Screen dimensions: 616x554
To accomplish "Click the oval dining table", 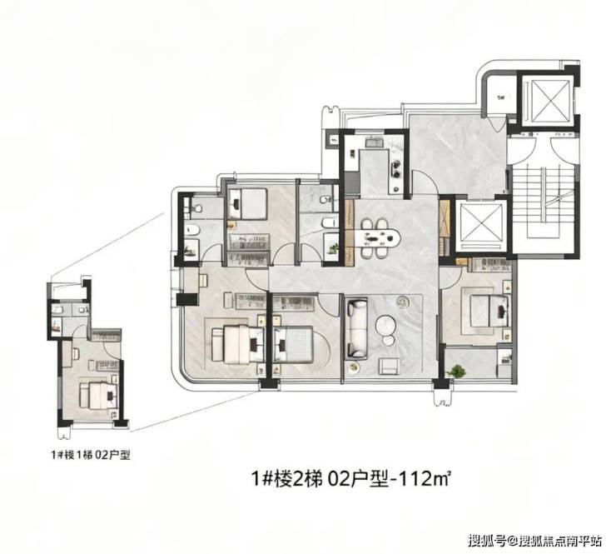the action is pyautogui.click(x=377, y=238).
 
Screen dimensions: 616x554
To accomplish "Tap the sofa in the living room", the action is pyautogui.click(x=357, y=328).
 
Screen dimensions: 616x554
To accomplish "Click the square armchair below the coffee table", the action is pyautogui.click(x=389, y=366).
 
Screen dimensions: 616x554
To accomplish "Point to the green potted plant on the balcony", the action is pyautogui.click(x=457, y=372).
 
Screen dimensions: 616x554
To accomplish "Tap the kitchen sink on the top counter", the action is pyautogui.click(x=375, y=142).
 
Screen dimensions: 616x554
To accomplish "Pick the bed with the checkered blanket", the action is pyautogui.click(x=294, y=344).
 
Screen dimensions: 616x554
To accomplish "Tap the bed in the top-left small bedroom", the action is pyautogui.click(x=248, y=203).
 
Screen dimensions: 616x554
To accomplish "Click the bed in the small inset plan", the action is pyautogui.click(x=98, y=395).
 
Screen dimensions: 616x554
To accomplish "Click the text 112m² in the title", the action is pyautogui.click(x=424, y=479).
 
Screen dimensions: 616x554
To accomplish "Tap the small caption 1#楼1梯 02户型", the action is pyautogui.click(x=91, y=455).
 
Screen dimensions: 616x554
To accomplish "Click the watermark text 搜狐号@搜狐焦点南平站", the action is pyautogui.click(x=534, y=541).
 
